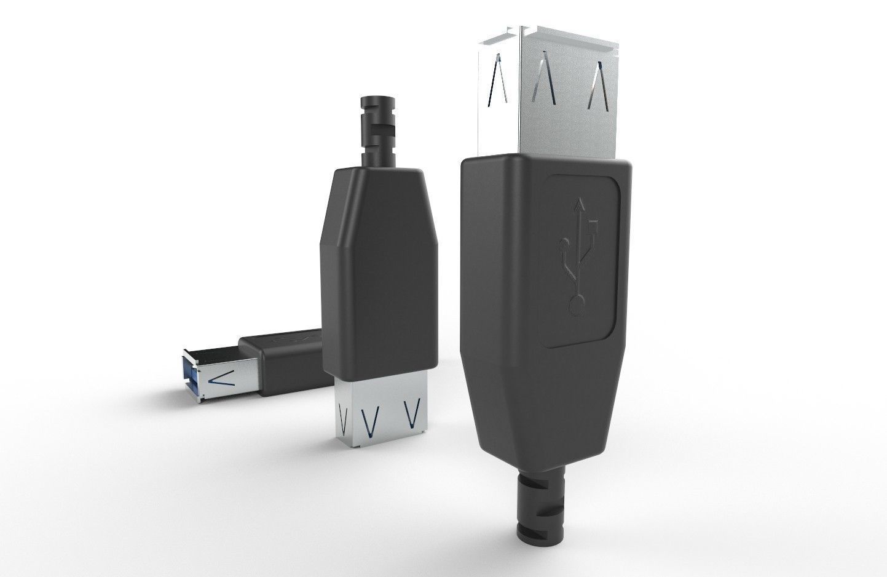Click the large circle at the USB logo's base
point(577,304)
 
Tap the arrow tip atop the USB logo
point(578,201)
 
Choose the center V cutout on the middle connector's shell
point(369,420)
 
